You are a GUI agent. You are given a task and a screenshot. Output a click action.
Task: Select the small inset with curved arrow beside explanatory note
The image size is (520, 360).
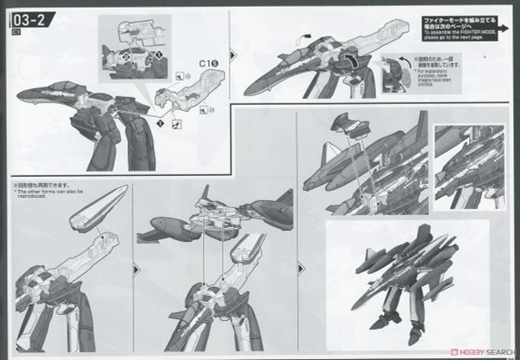pos(396,75)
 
